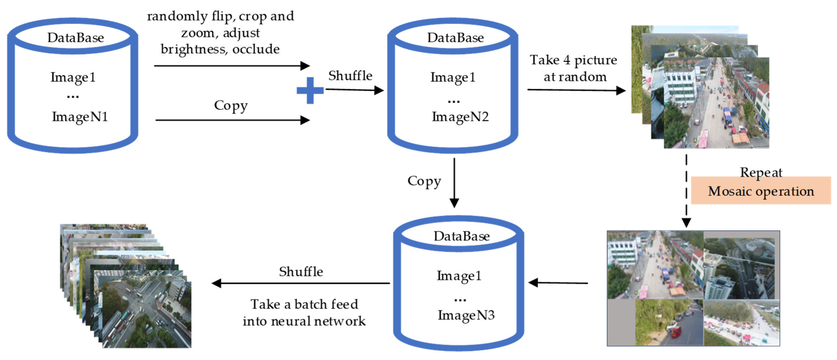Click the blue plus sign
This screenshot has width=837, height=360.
(x=310, y=90)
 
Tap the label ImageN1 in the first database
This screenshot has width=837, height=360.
(x=80, y=117)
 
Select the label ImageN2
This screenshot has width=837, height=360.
(x=460, y=117)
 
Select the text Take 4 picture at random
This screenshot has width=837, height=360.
(x=574, y=68)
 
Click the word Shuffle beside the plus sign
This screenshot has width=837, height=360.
(x=350, y=76)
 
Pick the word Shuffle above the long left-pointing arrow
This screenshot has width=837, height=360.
(x=301, y=272)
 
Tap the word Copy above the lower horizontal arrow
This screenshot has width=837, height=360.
(x=231, y=106)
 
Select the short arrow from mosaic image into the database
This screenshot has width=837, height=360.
(x=558, y=283)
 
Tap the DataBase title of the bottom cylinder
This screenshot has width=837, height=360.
(x=461, y=236)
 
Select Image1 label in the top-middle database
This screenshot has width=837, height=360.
(x=453, y=77)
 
